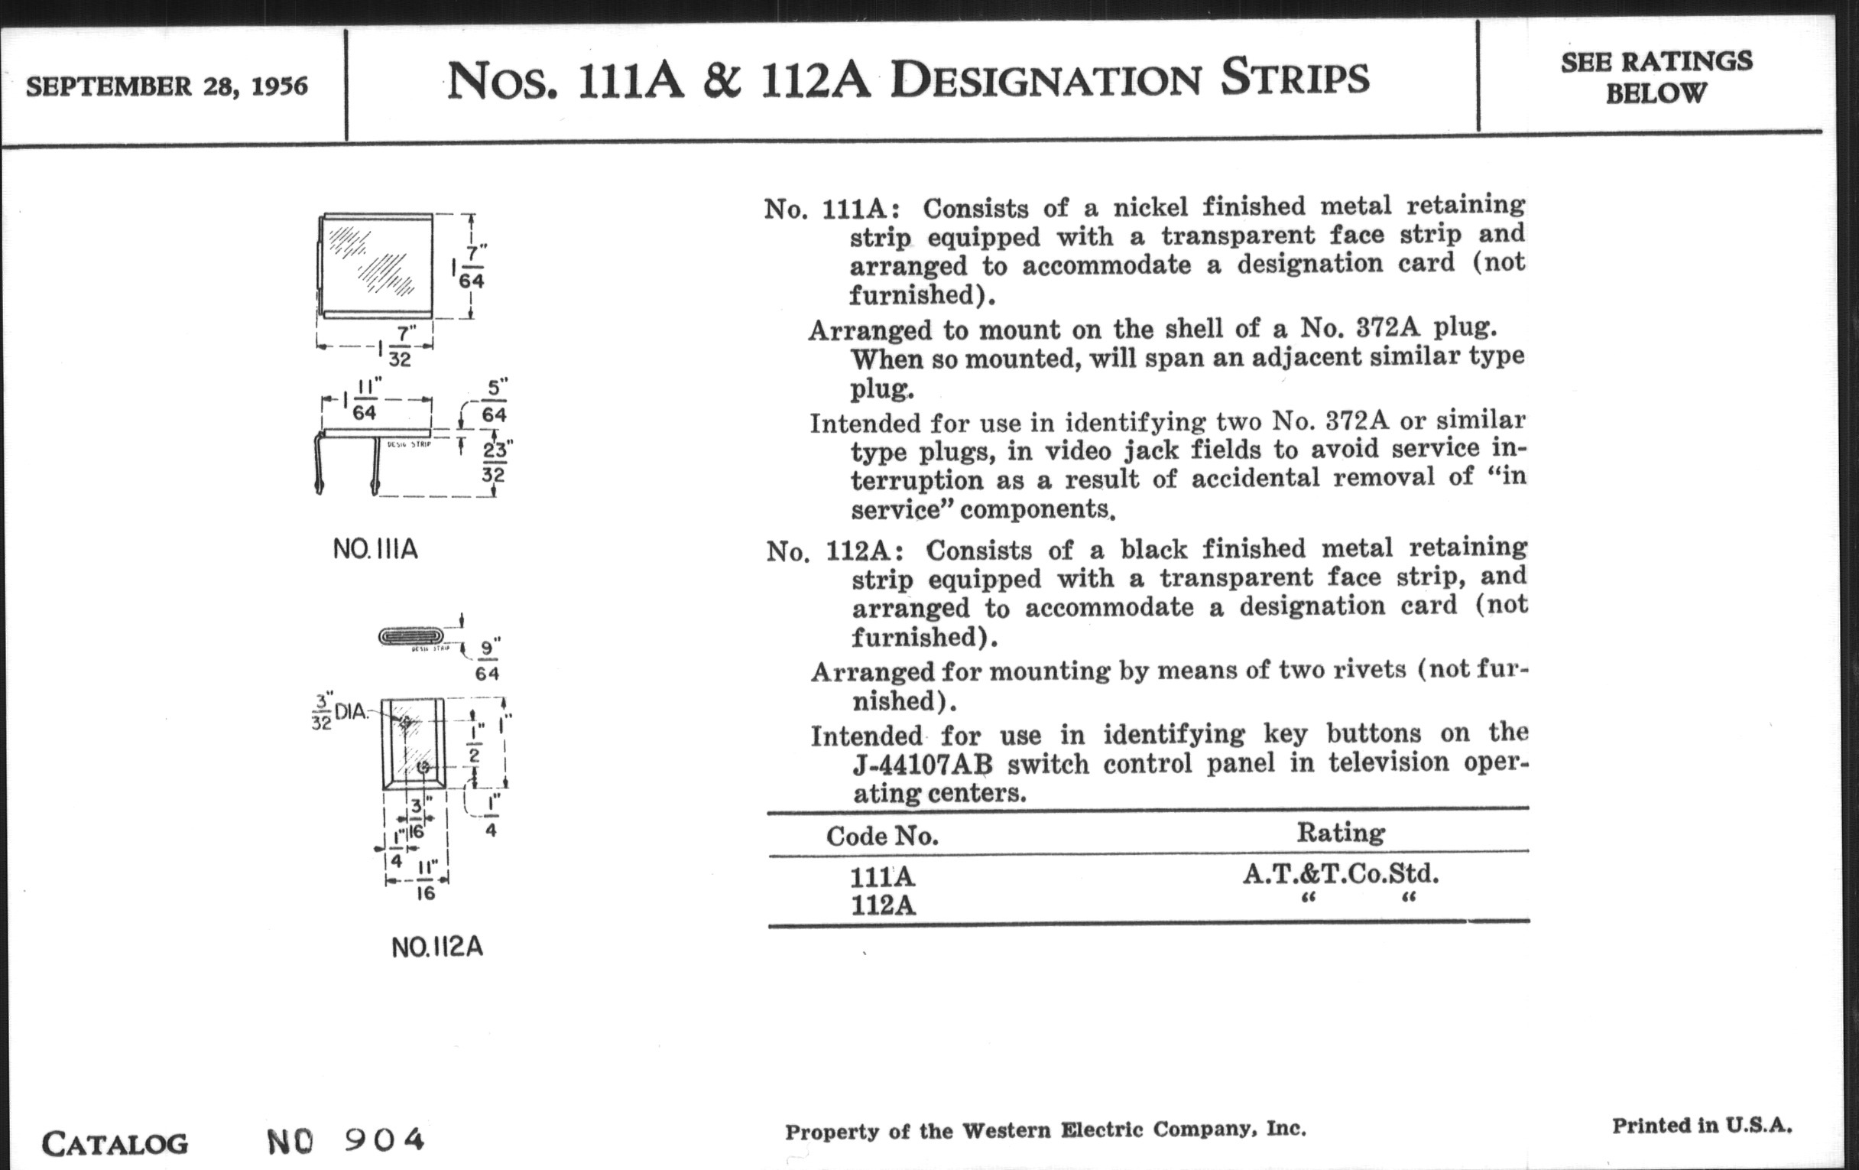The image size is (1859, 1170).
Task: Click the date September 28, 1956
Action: [167, 86]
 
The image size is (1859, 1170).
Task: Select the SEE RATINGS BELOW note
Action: [1656, 77]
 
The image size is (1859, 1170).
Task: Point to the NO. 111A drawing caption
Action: [375, 549]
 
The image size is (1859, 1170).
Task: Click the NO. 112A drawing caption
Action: [437, 947]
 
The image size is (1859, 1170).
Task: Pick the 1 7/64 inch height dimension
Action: [469, 267]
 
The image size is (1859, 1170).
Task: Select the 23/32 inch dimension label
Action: [494, 461]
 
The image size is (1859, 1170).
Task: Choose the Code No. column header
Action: [881, 836]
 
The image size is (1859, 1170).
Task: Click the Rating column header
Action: [1340, 833]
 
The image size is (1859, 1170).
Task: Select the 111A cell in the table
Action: [881, 877]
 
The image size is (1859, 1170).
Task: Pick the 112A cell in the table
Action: [882, 905]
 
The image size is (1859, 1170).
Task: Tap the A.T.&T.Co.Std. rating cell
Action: [1340, 874]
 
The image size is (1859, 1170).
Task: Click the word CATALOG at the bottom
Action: [114, 1144]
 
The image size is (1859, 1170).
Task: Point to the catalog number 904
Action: [384, 1139]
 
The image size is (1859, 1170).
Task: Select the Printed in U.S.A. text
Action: [1702, 1126]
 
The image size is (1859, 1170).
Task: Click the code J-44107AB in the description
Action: [923, 765]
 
